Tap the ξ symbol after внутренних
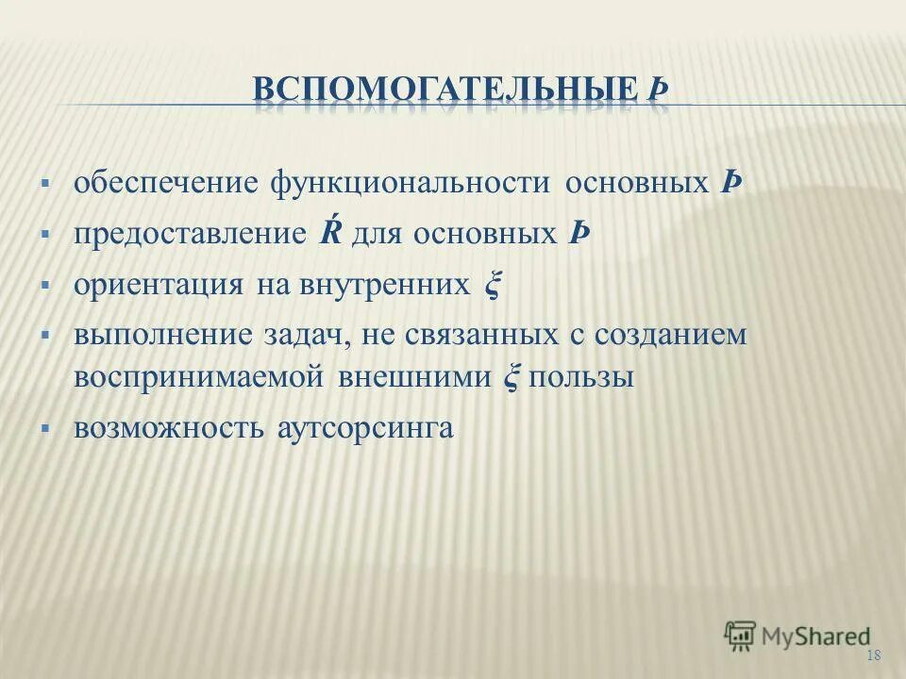490,285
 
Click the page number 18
872,656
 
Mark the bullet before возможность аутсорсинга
44,428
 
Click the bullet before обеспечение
44,181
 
